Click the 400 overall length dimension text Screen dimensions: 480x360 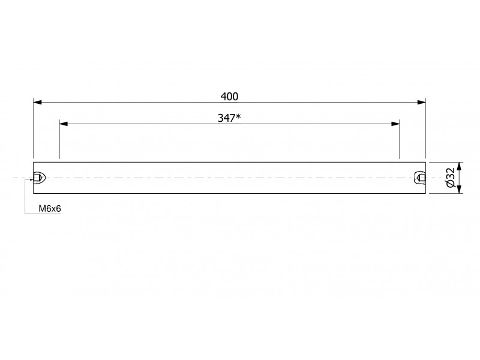(229, 97)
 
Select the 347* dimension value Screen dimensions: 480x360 (229, 118)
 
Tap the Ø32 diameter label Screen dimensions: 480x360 (451, 178)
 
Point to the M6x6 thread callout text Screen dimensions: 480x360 (50, 208)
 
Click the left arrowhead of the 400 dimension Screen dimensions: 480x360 (37, 102)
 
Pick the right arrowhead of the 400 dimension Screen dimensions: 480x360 (422, 102)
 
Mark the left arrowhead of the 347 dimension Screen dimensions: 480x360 (64, 124)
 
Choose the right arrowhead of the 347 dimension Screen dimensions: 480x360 (395, 124)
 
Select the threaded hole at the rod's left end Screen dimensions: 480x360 (39, 178)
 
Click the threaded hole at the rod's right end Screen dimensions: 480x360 (420, 178)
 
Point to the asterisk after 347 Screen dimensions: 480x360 (238, 116)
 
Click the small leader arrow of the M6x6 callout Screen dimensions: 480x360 (31, 179)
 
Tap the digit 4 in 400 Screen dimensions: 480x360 (224, 97)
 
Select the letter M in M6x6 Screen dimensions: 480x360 (42, 208)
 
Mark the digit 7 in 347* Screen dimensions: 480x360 (232, 118)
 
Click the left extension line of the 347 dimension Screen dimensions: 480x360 (59, 139)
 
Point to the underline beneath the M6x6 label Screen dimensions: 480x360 (43, 214)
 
